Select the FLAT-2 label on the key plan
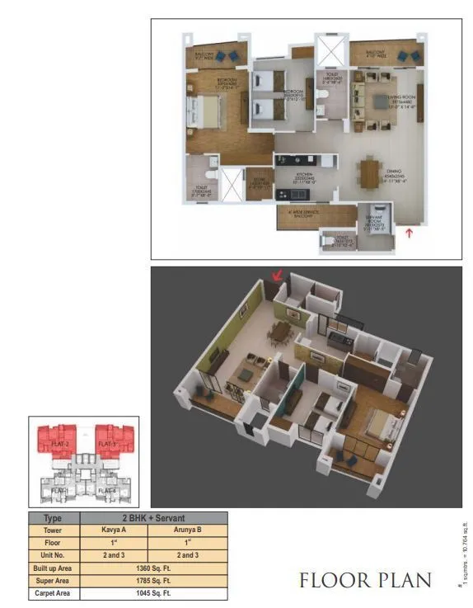(x=59, y=444)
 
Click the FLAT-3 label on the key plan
(x=107, y=444)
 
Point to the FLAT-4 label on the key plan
(x=107, y=491)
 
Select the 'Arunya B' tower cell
(x=187, y=530)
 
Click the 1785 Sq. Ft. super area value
(x=152, y=582)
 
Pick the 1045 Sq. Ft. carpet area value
(x=152, y=594)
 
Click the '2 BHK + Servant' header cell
(x=152, y=518)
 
